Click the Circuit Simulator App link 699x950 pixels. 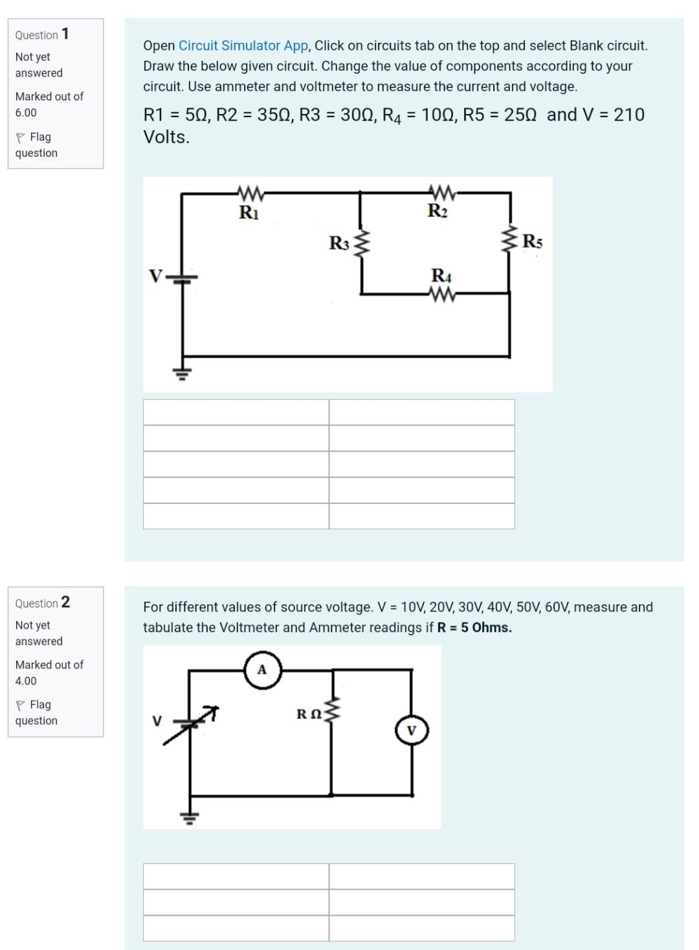243,45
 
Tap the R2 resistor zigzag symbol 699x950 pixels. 441,192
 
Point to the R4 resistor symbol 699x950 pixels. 441,295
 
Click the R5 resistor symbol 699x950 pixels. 510,241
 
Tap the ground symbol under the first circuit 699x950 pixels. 182,372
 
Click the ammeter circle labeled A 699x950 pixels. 262,670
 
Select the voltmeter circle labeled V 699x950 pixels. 412,730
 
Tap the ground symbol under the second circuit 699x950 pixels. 190,817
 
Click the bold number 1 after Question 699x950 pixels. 65,34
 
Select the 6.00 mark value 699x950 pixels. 26,113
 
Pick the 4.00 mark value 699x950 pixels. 26,681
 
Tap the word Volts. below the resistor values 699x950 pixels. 166,137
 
